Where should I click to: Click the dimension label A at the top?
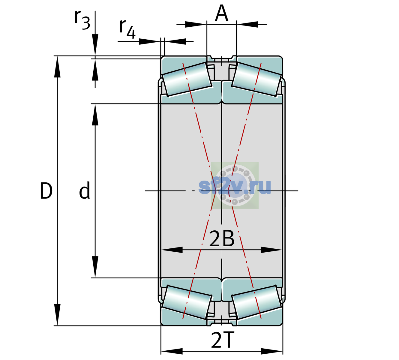tap(221, 13)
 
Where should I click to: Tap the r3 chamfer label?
tap(82, 20)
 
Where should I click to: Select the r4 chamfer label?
tap(127, 29)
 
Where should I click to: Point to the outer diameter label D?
tap(46, 190)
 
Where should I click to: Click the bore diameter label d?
tap(85, 190)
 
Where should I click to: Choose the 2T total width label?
tap(221, 340)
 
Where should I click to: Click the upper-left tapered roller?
tap(187, 79)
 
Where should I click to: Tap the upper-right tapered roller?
tap(256, 79)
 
